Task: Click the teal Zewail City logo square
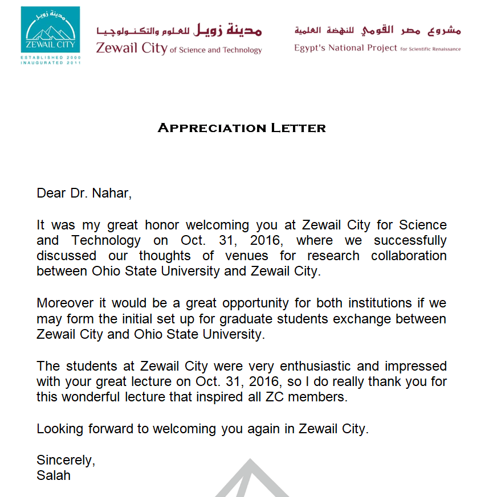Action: pos(50,30)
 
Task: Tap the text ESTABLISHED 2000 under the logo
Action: pos(50,57)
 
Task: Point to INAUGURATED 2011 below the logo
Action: pos(50,63)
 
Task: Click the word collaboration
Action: pos(409,256)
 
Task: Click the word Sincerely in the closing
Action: pos(65,460)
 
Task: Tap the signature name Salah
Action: pos(54,475)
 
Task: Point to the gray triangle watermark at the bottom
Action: pos(249,481)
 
